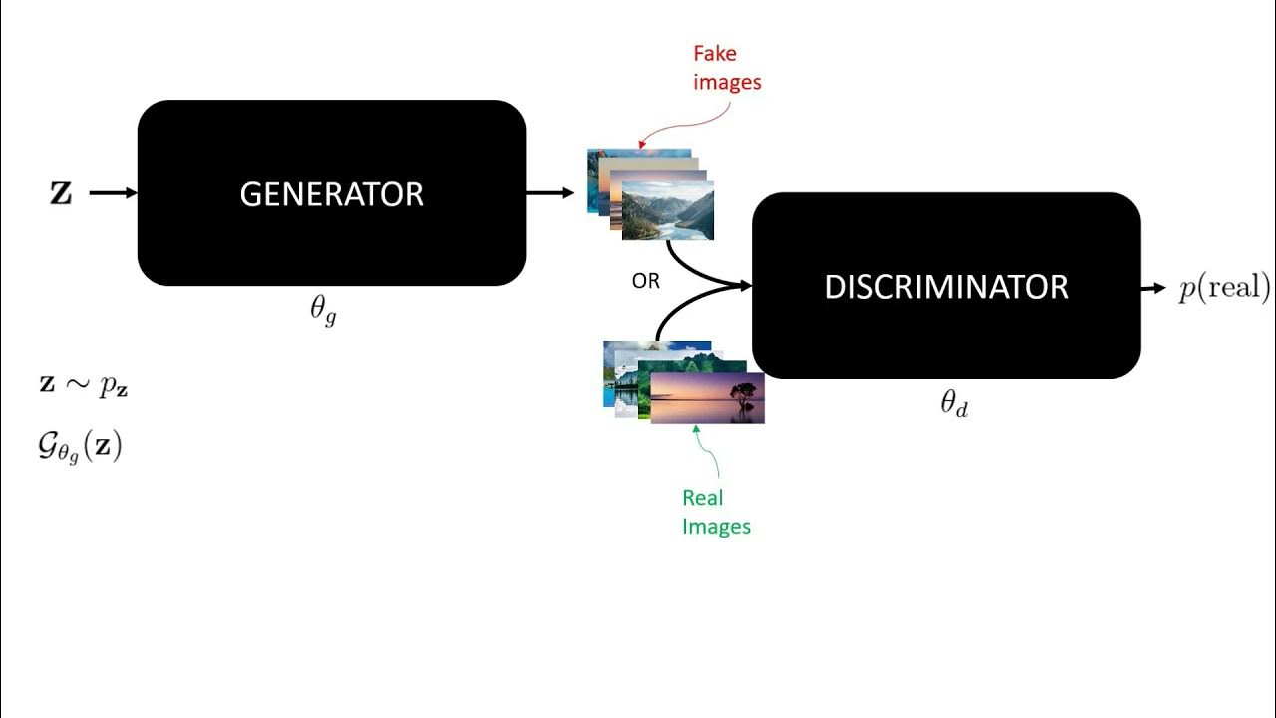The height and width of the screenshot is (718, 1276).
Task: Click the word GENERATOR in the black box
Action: pyautogui.click(x=331, y=194)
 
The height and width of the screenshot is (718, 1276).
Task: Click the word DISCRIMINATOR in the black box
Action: pyautogui.click(x=946, y=287)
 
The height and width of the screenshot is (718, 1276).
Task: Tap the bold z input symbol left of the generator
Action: pyautogui.click(x=61, y=193)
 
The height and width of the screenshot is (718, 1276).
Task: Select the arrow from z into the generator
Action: pyautogui.click(x=112, y=193)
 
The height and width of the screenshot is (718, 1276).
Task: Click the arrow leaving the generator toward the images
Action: pyautogui.click(x=549, y=193)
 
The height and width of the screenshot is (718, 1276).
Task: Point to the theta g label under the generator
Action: pyautogui.click(x=323, y=310)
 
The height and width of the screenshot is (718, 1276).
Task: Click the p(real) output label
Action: pyautogui.click(x=1224, y=288)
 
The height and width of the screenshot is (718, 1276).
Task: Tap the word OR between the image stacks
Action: pyautogui.click(x=645, y=281)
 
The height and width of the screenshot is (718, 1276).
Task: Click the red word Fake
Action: pyautogui.click(x=715, y=54)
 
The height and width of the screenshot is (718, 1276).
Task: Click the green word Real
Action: pyautogui.click(x=703, y=497)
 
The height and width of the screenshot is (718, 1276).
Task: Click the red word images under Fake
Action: pyautogui.click(x=727, y=82)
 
